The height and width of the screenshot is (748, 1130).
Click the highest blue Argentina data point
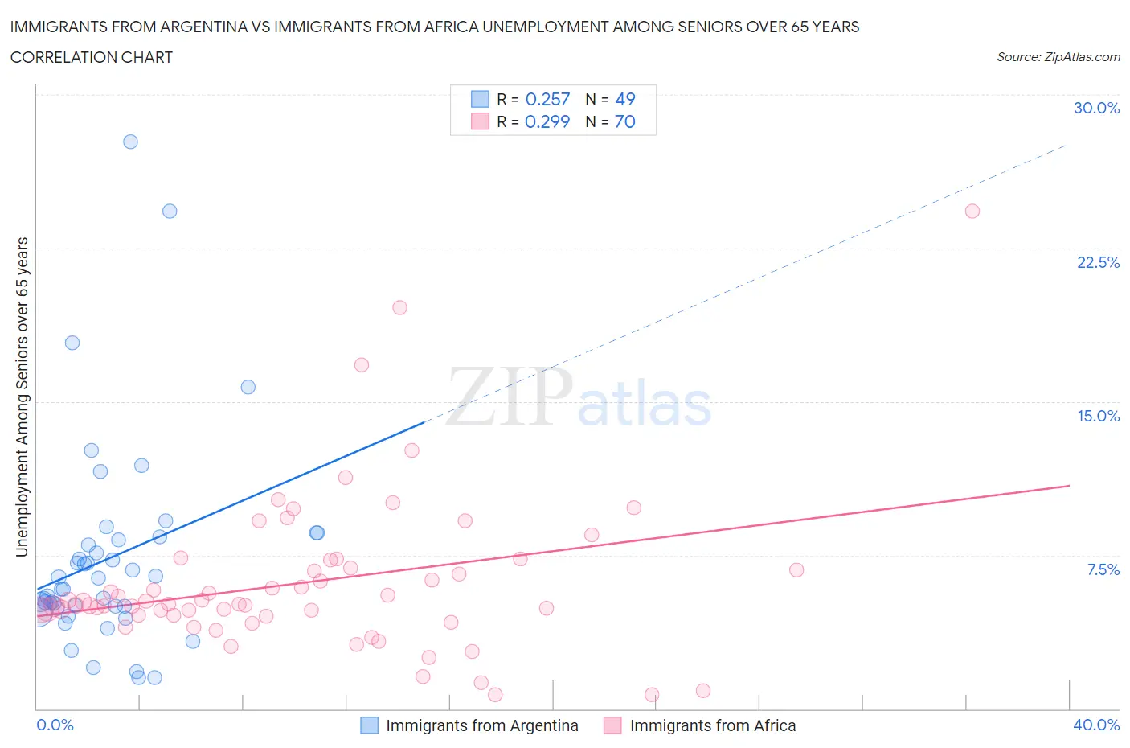click(x=130, y=142)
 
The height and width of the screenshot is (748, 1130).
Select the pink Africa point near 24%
click(x=972, y=211)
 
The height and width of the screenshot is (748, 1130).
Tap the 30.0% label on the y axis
click(x=1096, y=108)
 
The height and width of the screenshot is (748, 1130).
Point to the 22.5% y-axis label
click(x=1098, y=262)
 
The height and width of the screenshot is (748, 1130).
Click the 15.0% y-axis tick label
click(x=1098, y=416)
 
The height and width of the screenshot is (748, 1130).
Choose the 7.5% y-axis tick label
click(x=1103, y=569)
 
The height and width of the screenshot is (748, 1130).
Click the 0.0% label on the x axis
click(x=55, y=725)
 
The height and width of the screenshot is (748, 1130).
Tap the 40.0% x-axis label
click(x=1096, y=725)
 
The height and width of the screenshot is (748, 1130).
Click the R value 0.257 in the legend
click(x=547, y=99)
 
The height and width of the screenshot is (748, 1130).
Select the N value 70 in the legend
click(x=624, y=121)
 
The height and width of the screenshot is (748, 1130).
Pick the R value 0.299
click(x=547, y=121)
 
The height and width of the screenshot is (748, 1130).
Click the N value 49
click(x=624, y=99)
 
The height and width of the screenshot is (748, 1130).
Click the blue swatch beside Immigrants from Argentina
click(x=369, y=725)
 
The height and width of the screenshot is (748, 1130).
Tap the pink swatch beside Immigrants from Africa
click(x=612, y=725)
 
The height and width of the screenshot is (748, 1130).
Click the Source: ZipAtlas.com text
click(x=1058, y=57)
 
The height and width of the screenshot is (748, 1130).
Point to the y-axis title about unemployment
click(x=23, y=397)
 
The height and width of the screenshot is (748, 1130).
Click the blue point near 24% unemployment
click(x=170, y=211)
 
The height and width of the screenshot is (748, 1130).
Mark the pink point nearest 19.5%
click(x=399, y=307)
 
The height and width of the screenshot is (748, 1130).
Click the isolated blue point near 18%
click(x=72, y=343)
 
